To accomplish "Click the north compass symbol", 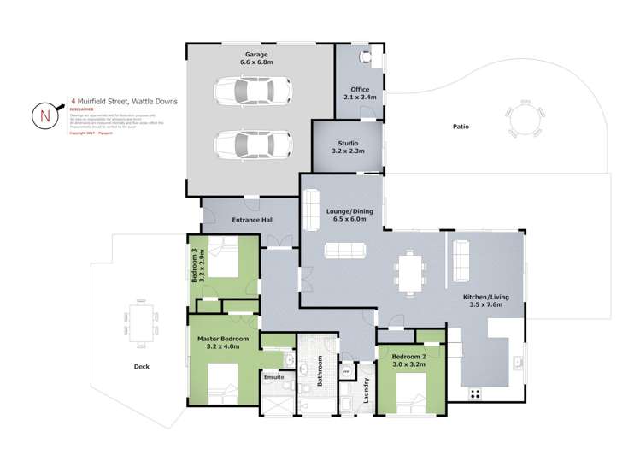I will [43, 115].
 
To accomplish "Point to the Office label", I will [359, 87].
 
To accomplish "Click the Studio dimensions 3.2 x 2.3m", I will [348, 151].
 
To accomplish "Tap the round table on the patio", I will [523, 120].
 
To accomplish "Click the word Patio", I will [461, 127].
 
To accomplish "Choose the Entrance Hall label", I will [253, 221].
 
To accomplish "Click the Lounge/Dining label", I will [347, 211].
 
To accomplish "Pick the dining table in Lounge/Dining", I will [409, 272].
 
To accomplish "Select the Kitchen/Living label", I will [483, 299].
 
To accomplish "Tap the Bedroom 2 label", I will [408, 357].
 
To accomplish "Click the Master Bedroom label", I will [223, 339].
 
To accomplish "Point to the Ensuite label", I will [273, 376].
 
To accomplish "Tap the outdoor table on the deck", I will [142, 320].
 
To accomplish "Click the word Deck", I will [142, 366].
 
